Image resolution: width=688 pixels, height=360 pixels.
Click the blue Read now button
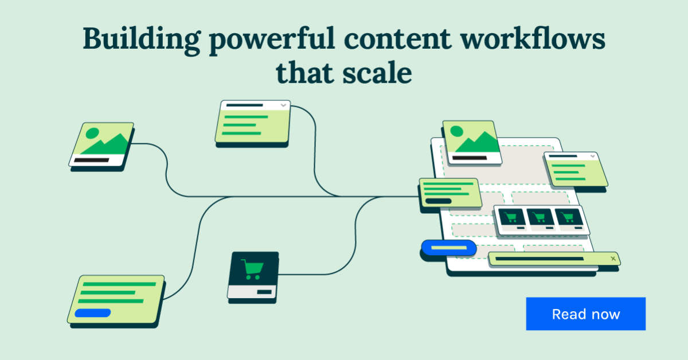pos(585,314)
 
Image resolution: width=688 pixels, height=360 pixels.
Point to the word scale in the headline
pos(378,73)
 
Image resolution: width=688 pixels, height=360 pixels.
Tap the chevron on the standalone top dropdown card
pos(283,105)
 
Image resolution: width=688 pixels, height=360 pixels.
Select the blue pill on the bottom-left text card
pos(92,313)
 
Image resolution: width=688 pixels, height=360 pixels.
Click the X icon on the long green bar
pos(613,259)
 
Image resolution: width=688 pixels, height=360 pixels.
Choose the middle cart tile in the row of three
pos(539,218)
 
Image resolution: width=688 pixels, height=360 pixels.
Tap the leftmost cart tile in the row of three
pos(511,218)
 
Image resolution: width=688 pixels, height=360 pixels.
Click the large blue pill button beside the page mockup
pos(448,248)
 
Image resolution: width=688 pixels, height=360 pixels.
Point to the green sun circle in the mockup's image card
pos(457,131)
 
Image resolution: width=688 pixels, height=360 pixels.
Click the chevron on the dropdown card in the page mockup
pos(592,155)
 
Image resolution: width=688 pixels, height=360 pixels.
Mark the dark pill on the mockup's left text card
pos(438,201)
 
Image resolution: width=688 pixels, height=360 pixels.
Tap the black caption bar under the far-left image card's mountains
pos(91,161)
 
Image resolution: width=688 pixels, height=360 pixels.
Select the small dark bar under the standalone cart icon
pos(264,292)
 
